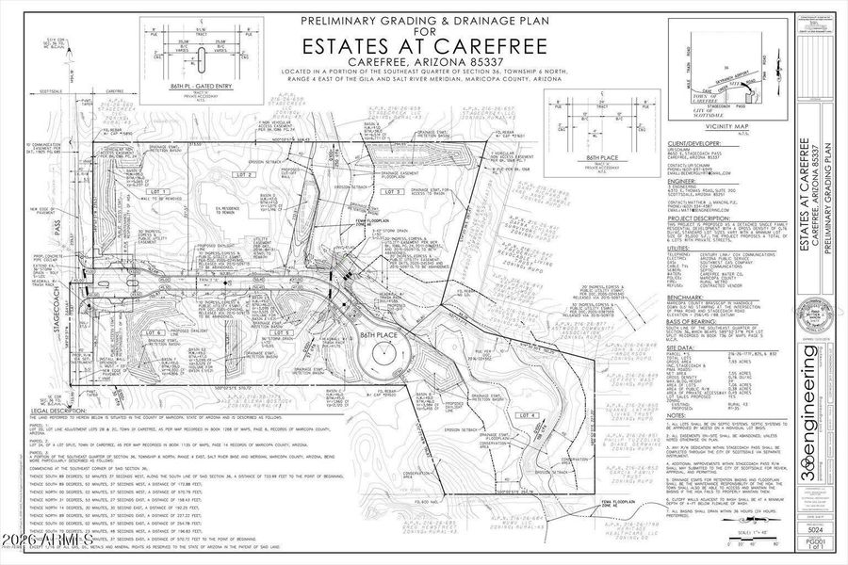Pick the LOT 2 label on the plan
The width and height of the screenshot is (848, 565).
coord(246,175)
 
